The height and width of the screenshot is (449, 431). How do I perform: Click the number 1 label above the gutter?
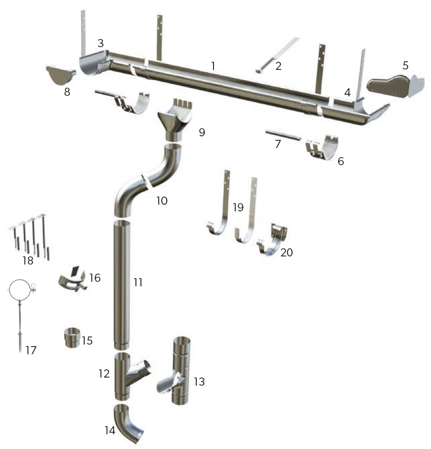(213, 66)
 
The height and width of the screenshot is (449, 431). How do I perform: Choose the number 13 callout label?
(199, 382)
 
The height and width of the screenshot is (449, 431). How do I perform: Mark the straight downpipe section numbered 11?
(121, 284)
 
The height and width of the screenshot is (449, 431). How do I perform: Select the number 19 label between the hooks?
(238, 207)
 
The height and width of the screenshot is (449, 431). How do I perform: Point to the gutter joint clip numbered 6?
(323, 148)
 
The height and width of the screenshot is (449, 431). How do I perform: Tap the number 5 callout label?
(405, 65)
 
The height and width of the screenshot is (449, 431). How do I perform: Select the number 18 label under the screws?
(28, 260)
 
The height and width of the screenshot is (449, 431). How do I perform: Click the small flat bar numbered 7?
(283, 136)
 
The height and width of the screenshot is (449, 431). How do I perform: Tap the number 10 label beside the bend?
(162, 201)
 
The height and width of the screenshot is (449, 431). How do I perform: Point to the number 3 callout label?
(100, 44)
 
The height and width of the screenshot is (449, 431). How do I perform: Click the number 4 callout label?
(347, 93)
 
